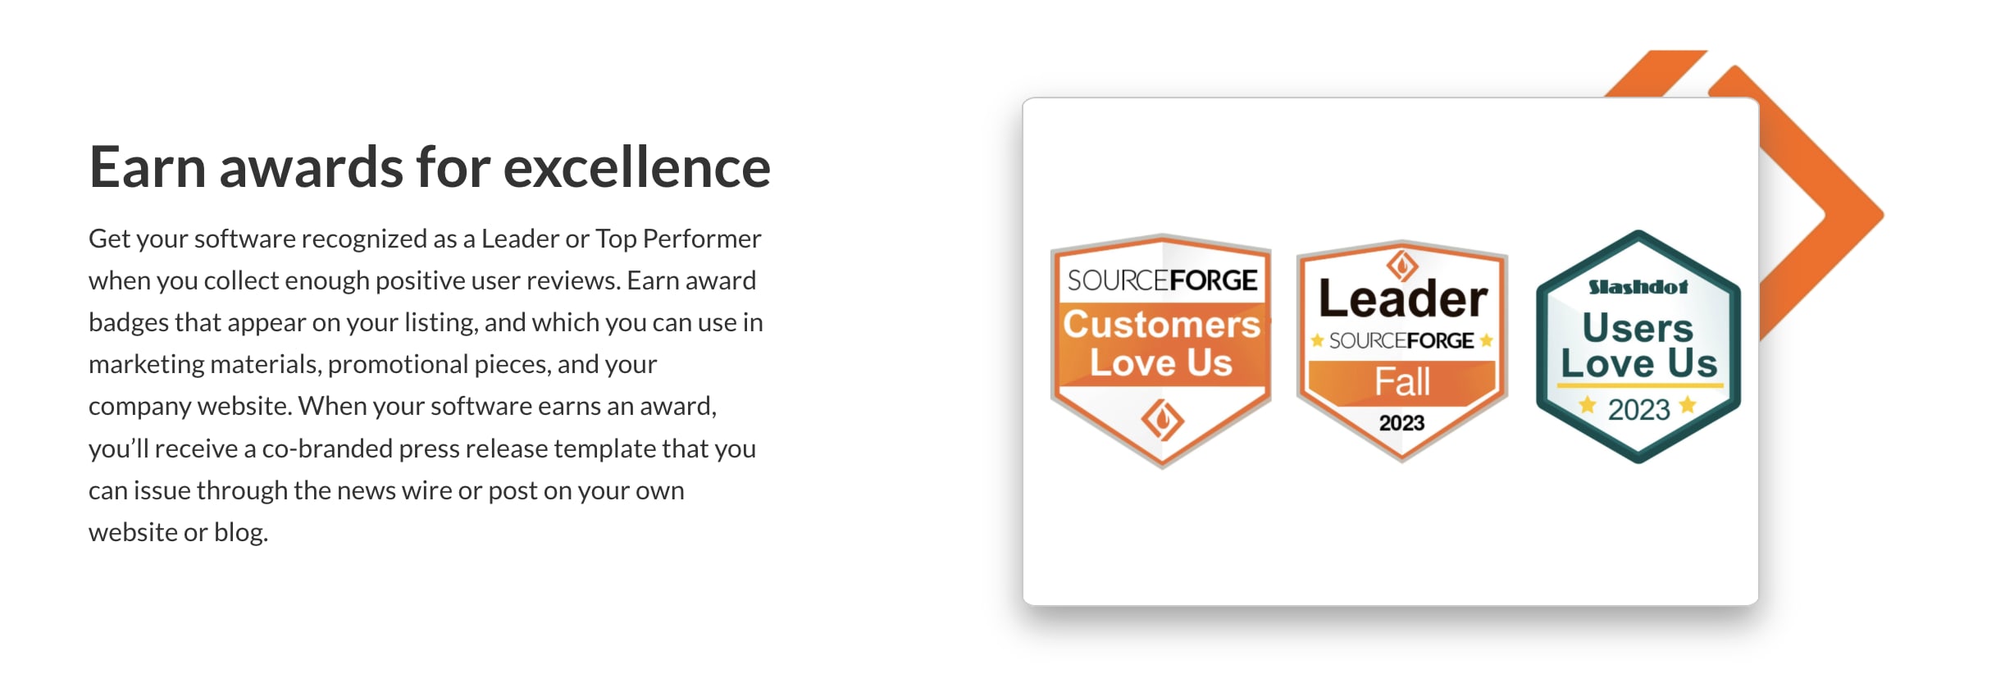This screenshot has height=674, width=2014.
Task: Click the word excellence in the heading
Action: click(x=636, y=167)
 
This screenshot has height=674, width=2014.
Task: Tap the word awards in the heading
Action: click(x=311, y=167)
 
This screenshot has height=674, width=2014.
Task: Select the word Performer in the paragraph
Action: click(x=702, y=239)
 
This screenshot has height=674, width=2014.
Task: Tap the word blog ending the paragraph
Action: click(x=240, y=532)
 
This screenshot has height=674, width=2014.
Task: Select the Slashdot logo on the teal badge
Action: click(x=1638, y=287)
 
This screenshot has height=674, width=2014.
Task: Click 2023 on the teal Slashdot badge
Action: click(x=1638, y=409)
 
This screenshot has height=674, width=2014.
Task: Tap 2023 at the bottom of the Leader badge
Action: click(x=1401, y=423)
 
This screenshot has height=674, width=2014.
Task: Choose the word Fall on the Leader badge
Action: click(x=1402, y=382)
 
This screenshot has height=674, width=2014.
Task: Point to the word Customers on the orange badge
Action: click(x=1161, y=325)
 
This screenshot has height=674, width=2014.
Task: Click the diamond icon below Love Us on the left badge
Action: click(x=1162, y=420)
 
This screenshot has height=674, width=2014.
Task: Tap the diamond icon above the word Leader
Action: click(x=1402, y=265)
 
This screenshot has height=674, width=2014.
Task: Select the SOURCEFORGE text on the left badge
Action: click(x=1161, y=280)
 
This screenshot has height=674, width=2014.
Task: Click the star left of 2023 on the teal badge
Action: click(x=1588, y=404)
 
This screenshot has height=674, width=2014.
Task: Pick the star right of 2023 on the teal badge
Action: click(x=1688, y=404)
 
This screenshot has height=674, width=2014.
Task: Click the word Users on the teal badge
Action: click(x=1638, y=328)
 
